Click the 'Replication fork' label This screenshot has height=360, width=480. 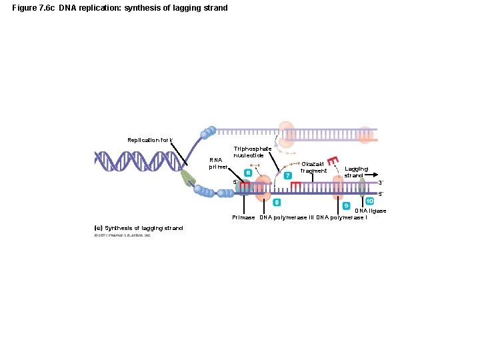[x=149, y=140]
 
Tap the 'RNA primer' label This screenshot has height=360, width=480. [x=218, y=163]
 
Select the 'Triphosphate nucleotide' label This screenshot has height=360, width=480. [x=252, y=152]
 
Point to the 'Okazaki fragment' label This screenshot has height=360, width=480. [x=313, y=167]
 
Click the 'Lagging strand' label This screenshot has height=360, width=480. [x=357, y=172]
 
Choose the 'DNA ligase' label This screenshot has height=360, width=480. [x=370, y=211]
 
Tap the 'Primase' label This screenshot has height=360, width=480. [x=243, y=218]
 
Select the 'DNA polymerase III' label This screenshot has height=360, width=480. [x=287, y=218]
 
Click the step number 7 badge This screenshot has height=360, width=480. [x=288, y=175]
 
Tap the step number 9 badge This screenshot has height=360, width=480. [x=347, y=205]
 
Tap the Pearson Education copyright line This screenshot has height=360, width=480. [x=123, y=235]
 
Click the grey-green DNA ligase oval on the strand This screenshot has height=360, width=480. [x=362, y=188]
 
